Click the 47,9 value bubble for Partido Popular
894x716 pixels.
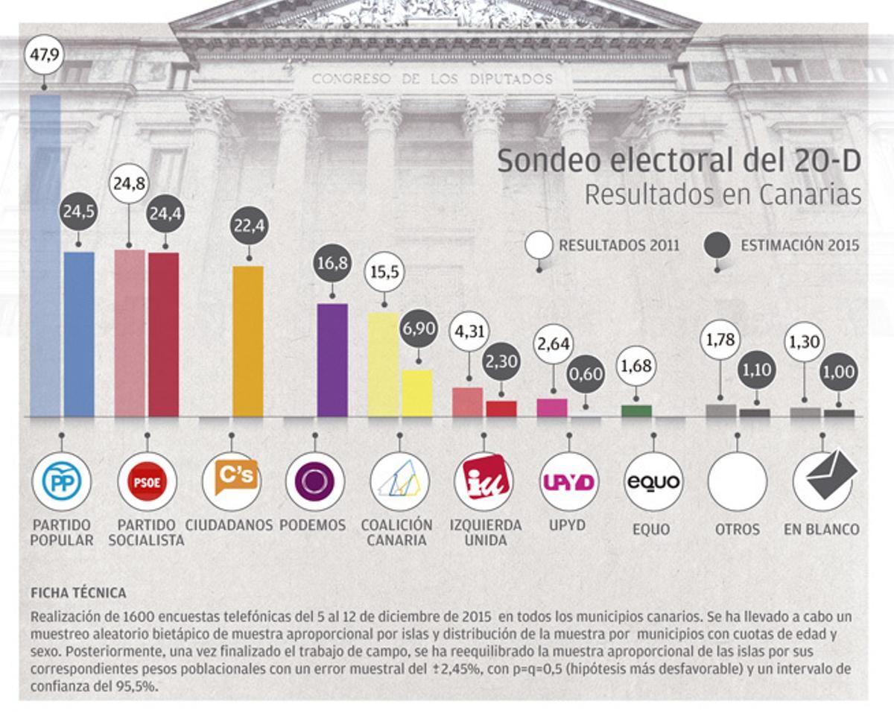[45, 55]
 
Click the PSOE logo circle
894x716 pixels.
[147, 481]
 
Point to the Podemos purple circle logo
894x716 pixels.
[315, 481]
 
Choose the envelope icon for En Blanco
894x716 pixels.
[822, 478]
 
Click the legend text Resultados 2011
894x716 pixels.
[618, 245]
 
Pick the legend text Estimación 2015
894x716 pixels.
[799, 245]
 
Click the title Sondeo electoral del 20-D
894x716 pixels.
[679, 161]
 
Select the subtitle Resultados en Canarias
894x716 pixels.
[723, 194]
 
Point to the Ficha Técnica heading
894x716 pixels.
[78, 593]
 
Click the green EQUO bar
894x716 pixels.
[636, 411]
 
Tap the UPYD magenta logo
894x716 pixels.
[569, 481]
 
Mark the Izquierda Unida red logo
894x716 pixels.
[484, 481]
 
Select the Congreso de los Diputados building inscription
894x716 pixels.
[432, 78]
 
